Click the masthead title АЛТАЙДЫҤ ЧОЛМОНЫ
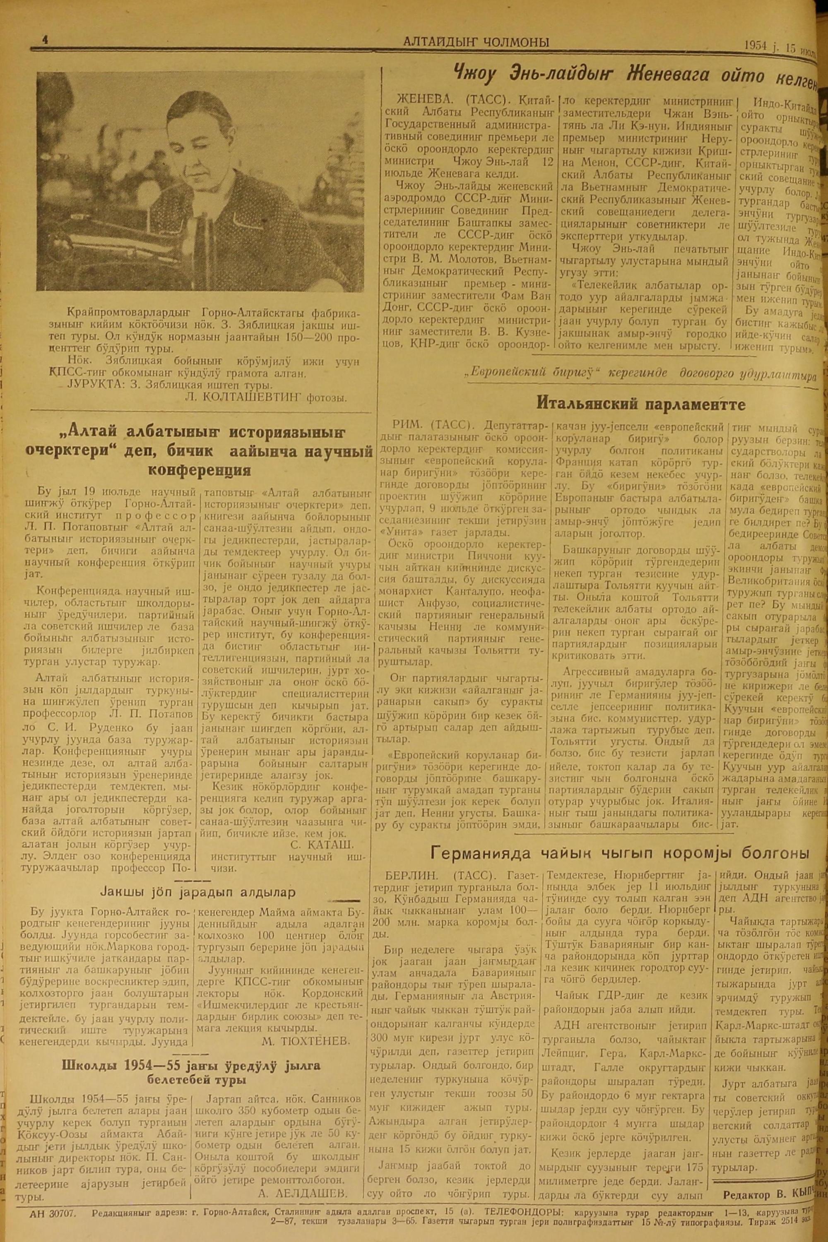click(x=475, y=43)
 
